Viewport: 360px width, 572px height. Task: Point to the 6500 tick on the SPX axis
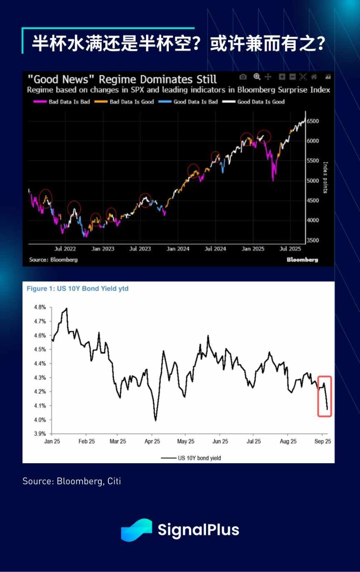click(312, 121)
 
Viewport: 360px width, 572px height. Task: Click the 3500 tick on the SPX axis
click(312, 240)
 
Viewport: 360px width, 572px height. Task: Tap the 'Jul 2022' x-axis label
click(65, 249)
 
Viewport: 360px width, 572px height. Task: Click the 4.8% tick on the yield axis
click(39, 307)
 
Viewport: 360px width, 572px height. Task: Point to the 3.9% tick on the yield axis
click(39, 433)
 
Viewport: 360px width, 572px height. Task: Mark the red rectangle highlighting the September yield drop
click(325, 396)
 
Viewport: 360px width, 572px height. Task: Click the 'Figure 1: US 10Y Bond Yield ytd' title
click(77, 288)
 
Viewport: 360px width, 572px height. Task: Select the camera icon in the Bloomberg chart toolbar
click(243, 77)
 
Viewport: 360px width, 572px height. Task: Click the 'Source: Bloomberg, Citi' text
click(72, 482)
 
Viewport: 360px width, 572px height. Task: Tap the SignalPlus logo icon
click(136, 530)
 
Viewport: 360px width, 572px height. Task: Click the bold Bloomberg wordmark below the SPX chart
click(302, 260)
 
